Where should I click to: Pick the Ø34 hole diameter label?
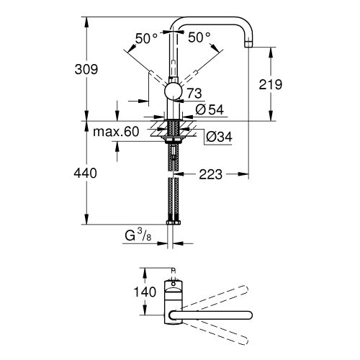[218, 135]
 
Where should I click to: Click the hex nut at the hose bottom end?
[173, 224]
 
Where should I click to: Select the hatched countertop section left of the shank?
[159, 132]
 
